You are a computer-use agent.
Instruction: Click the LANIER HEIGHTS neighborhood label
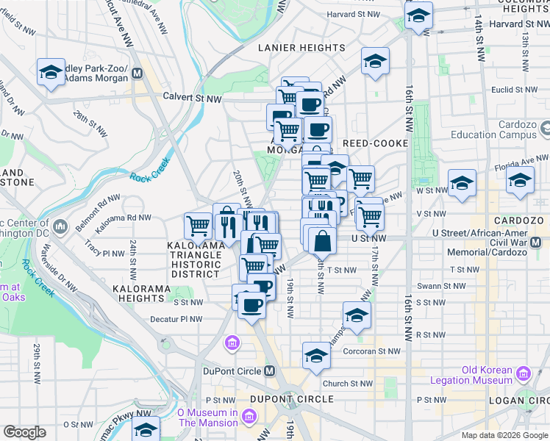click(301, 48)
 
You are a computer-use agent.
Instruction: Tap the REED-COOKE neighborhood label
click(375, 143)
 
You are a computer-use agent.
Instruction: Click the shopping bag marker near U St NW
click(322, 240)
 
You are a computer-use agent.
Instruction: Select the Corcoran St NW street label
click(373, 352)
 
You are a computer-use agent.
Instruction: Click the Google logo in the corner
click(24, 432)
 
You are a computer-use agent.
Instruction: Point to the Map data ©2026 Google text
click(504, 435)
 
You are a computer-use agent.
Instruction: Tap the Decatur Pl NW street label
click(175, 319)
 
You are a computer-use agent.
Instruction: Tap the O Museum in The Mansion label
click(208, 417)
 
